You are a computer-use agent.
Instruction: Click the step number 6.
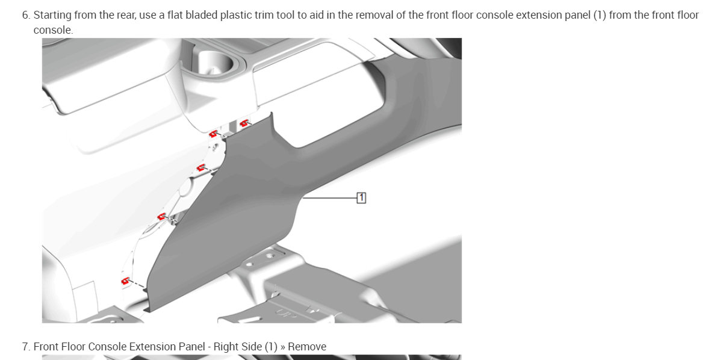26,15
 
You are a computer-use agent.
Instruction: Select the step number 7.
26,347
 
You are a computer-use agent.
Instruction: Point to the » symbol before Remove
282,347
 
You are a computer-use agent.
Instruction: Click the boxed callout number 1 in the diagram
361,198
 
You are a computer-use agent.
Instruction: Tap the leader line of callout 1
330,198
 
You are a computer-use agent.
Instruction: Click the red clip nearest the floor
125,281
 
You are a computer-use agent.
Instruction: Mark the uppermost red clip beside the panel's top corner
244,122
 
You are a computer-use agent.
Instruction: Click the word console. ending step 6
53,31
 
